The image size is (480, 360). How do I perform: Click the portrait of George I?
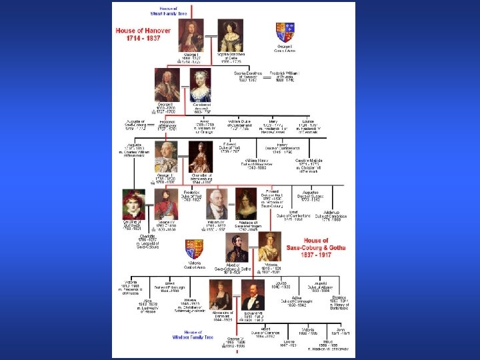[x=191, y=35]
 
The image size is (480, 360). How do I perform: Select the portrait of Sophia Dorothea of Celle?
[x=231, y=35]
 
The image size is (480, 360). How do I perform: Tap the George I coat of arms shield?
[x=285, y=32]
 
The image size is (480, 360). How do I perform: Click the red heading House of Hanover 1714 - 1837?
[x=143, y=35]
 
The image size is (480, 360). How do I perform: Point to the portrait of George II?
[x=167, y=85]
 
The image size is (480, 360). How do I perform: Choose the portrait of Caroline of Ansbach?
[x=201, y=85]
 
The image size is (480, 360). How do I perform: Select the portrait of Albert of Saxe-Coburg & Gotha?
[x=237, y=247]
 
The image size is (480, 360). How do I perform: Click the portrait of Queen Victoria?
[x=271, y=247]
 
